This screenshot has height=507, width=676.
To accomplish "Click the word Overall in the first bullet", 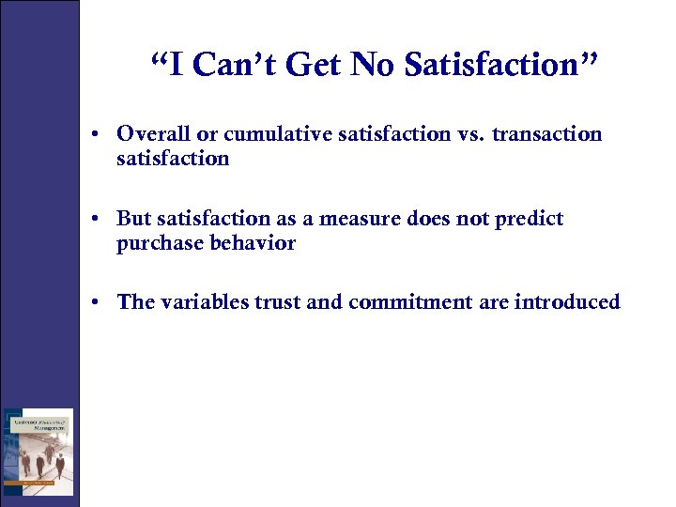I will click(x=152, y=134).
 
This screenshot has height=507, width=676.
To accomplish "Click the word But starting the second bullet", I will click(x=134, y=219).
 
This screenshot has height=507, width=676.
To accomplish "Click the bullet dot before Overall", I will click(x=98, y=135).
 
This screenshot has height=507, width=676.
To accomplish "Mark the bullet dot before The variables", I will click(x=98, y=303).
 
